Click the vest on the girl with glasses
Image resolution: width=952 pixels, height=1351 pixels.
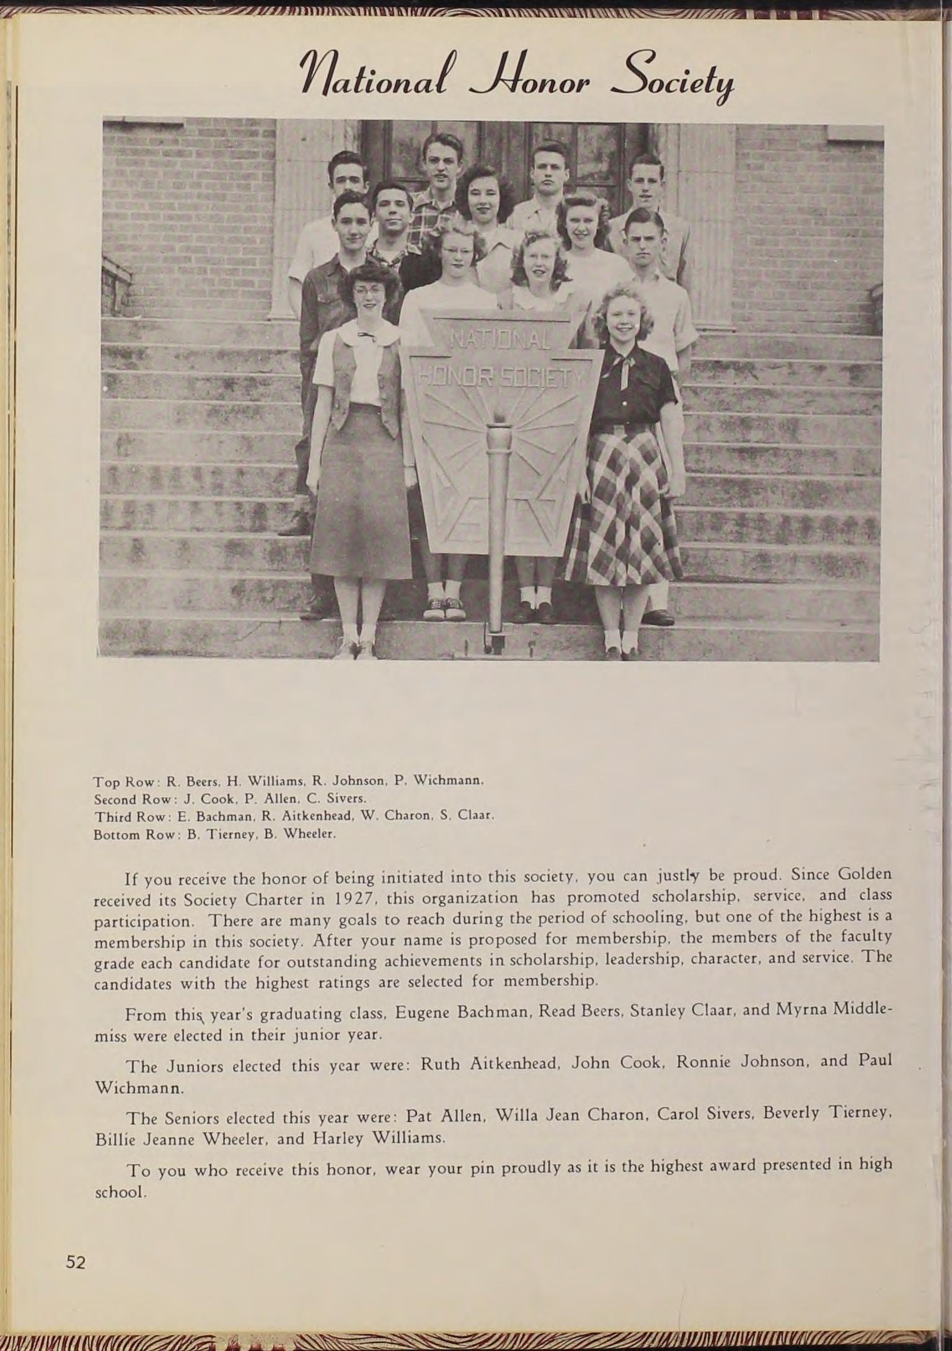tap(366, 384)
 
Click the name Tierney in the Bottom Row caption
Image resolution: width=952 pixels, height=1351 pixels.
tap(228, 834)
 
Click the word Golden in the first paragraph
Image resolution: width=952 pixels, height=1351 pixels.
tap(864, 874)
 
